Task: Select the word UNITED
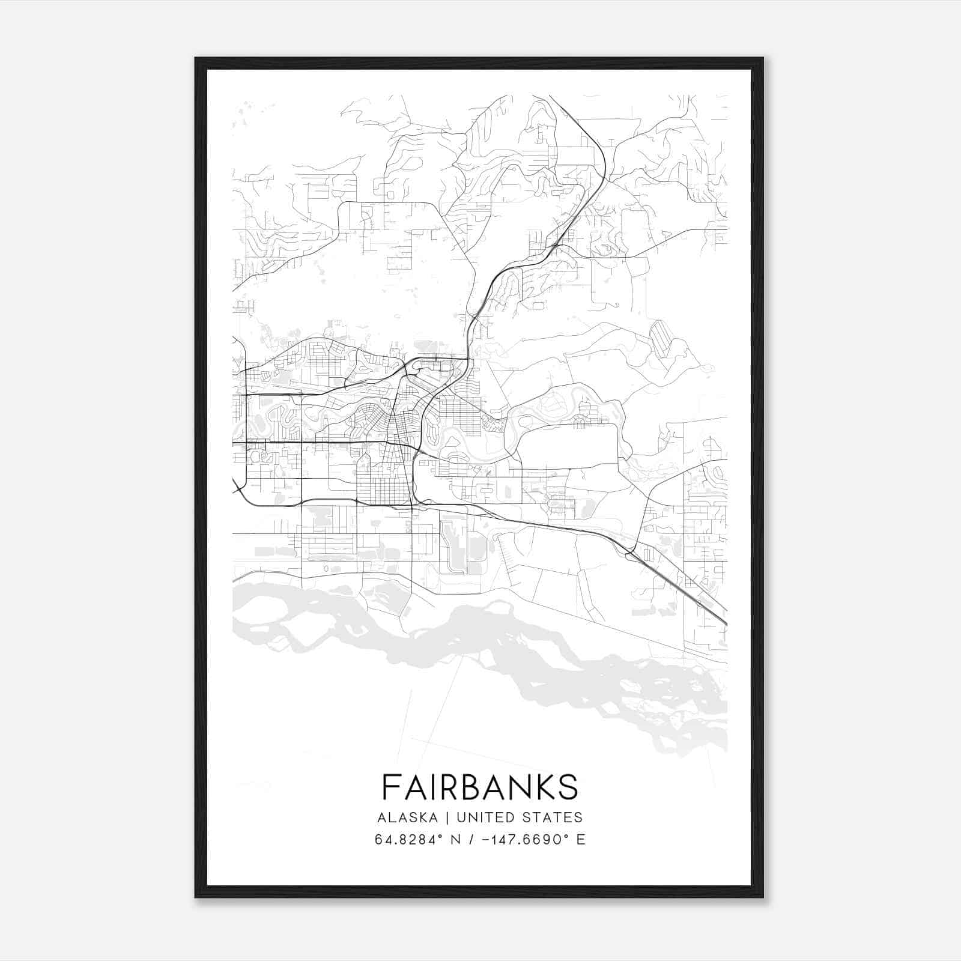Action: [485, 817]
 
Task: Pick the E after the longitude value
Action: [581, 840]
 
